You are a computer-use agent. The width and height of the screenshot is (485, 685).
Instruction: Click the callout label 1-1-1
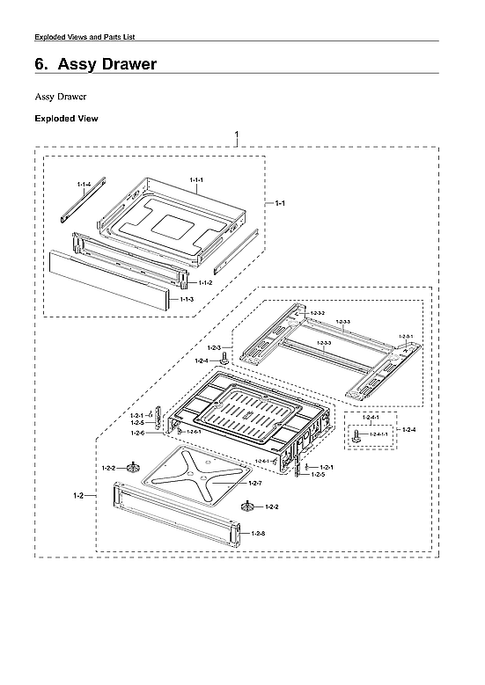coord(196,179)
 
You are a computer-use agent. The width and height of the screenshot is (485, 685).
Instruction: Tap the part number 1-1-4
coord(84,184)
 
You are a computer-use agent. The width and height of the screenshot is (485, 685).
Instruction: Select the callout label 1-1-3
coord(187,300)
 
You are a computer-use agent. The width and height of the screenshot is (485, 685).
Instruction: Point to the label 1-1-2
coord(204,282)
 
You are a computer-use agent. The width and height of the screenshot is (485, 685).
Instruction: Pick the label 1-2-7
coord(254,484)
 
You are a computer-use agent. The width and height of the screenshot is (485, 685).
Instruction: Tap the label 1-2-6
coord(137,433)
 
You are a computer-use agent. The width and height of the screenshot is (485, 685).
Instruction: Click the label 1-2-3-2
coord(318,313)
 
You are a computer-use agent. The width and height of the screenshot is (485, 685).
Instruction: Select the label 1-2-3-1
coord(406,337)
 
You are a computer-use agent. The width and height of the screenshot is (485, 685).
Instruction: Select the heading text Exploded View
coord(66,118)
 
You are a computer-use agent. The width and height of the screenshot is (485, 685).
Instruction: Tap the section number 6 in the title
coord(40,65)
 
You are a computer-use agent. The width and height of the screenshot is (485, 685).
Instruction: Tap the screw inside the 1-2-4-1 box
coord(356,434)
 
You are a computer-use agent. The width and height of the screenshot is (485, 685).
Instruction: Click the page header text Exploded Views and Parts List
coord(84,36)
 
